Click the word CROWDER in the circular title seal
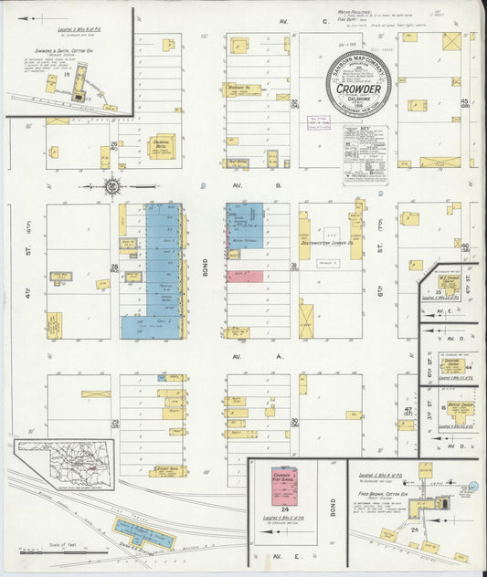pyautogui.click(x=358, y=89)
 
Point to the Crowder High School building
pyautogui.click(x=287, y=485)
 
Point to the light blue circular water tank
pyautogui.click(x=472, y=488)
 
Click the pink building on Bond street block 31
pyautogui.click(x=250, y=276)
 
